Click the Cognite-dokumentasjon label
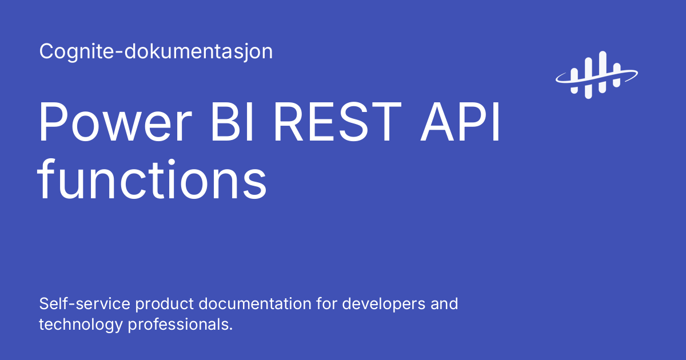click(155, 52)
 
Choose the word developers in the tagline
click(383, 303)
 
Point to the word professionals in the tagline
click(180, 324)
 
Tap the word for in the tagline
click(326, 303)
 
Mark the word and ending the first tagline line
click(444, 303)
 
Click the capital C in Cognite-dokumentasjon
click(46, 52)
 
